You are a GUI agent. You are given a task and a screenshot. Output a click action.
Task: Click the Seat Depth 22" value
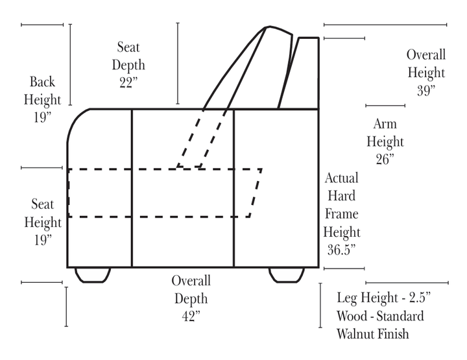click(x=128, y=82)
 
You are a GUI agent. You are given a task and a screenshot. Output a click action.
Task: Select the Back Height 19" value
click(x=42, y=117)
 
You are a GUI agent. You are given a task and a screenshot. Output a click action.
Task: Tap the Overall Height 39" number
click(x=425, y=90)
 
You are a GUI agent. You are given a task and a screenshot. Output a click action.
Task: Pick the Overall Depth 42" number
click(x=191, y=316)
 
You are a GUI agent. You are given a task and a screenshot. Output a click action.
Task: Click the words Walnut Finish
click(x=372, y=334)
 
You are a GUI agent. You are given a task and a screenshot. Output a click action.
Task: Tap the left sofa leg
click(x=92, y=275)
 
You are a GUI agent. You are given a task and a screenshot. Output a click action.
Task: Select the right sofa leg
click(x=287, y=275)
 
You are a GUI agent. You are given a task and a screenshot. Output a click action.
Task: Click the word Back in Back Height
click(x=43, y=82)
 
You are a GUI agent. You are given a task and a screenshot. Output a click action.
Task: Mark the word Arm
click(x=385, y=124)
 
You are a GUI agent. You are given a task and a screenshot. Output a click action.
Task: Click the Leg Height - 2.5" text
click(x=384, y=298)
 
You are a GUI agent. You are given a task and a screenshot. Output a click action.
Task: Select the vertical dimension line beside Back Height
click(x=70, y=65)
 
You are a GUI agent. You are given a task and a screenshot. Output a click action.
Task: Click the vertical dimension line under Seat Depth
click(x=178, y=63)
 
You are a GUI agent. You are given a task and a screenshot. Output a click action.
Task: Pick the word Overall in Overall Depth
click(x=191, y=281)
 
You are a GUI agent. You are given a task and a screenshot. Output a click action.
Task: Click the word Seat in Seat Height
click(x=43, y=205)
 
